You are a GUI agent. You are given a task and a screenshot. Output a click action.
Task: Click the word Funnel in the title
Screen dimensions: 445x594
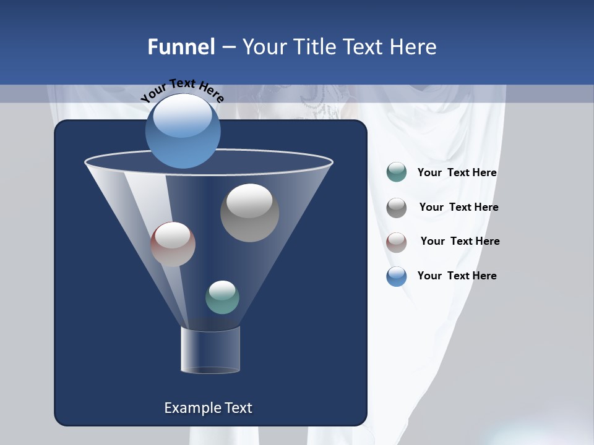[x=181, y=47]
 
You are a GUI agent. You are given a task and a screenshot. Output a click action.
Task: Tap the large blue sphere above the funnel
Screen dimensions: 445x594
[x=183, y=131]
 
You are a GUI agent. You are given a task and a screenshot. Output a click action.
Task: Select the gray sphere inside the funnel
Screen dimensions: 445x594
[x=249, y=213]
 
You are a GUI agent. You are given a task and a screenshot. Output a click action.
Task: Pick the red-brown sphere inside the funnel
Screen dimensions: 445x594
[x=173, y=244]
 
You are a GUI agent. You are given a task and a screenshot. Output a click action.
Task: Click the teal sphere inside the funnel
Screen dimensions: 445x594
[x=222, y=297]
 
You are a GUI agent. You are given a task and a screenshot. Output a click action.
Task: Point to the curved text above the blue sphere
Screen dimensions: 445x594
[x=182, y=90]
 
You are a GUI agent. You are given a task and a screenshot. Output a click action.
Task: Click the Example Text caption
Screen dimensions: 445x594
[x=208, y=408]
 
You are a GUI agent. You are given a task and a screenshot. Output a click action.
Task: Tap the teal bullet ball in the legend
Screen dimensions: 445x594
[x=397, y=172]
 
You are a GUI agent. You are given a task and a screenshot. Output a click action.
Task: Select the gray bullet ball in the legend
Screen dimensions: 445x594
[x=397, y=208]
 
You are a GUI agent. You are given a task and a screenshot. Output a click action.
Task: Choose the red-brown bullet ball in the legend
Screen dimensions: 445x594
[x=397, y=242]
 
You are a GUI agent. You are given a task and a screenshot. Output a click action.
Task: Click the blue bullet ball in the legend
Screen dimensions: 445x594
[x=397, y=276]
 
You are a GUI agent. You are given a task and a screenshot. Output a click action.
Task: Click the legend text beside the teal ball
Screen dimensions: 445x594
[x=457, y=172]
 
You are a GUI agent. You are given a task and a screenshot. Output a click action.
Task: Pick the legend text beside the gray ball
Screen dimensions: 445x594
[x=458, y=207]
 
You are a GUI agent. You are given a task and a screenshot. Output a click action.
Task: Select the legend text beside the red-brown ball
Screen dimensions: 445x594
[x=460, y=241]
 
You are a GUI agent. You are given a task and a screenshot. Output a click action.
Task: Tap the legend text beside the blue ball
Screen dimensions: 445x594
[x=457, y=276]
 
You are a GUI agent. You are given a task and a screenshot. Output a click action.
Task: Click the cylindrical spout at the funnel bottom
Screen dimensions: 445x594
[x=210, y=350]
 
